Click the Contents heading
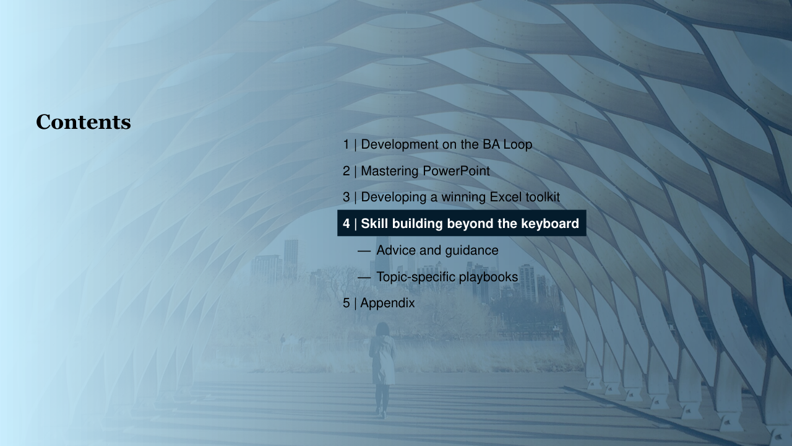84,122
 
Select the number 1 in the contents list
346,144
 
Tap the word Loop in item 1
518,145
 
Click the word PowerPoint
456,171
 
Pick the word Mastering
390,172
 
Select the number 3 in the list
346,197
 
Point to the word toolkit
543,197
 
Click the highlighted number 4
346,224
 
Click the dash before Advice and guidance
364,251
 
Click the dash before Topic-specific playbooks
364,278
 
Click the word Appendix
387,304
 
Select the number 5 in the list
346,304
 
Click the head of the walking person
382,328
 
